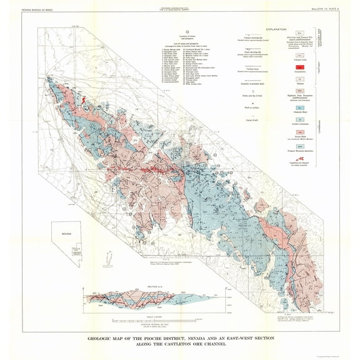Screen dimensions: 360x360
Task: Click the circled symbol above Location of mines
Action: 179,31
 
